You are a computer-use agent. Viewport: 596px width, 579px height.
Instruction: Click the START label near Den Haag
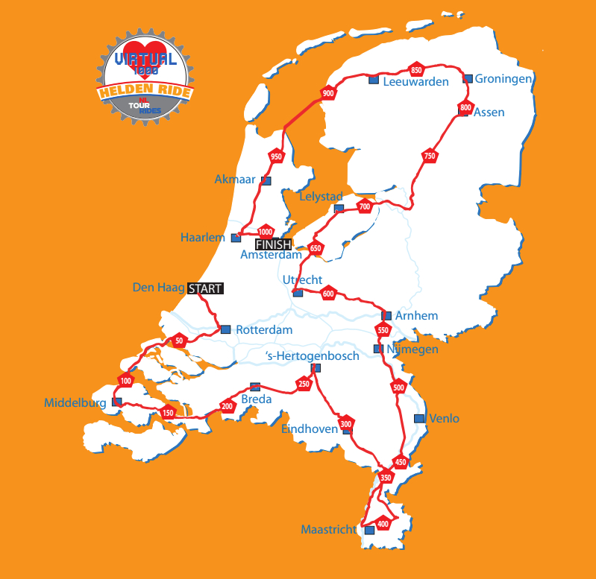[x=205, y=288]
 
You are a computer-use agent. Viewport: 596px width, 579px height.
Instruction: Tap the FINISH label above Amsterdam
[x=273, y=244]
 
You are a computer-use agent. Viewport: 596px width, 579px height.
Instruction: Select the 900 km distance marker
[x=328, y=94]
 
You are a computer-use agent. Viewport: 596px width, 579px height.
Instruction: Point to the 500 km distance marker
[x=398, y=387]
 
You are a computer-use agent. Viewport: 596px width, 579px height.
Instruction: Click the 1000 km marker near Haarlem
[x=266, y=232]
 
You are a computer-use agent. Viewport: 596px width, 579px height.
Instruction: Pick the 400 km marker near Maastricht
[x=383, y=524]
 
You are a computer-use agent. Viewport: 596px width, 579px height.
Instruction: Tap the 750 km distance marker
[x=429, y=156]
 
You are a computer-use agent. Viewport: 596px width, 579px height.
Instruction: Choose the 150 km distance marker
[x=168, y=413]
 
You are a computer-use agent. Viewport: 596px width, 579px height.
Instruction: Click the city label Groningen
[x=504, y=78]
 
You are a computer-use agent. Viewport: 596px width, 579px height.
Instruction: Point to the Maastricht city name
[x=329, y=530]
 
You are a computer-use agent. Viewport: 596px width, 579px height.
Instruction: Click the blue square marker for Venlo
[x=419, y=418]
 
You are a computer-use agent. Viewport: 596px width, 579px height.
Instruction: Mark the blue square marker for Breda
[x=255, y=387]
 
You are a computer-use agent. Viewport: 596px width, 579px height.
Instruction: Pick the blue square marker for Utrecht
[x=298, y=293]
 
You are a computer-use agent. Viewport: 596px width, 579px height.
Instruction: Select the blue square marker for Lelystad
[x=339, y=209]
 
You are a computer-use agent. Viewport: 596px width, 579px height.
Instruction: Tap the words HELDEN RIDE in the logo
[x=145, y=92]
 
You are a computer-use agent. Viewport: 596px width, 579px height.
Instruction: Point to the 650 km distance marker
[x=316, y=249]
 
